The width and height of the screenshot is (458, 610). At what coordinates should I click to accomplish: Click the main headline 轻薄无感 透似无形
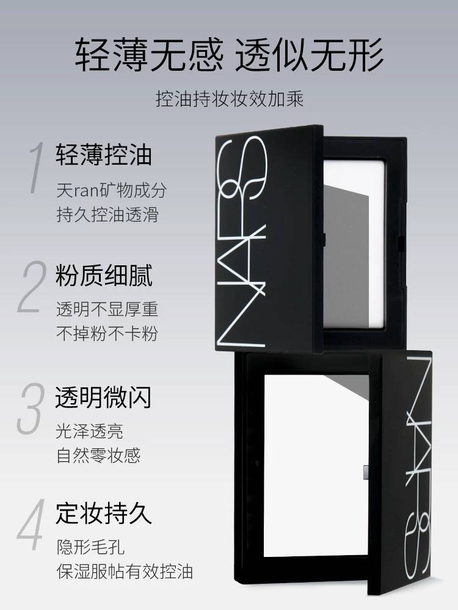[x=229, y=54]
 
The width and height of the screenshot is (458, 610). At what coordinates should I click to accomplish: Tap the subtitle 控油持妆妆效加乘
[x=230, y=99]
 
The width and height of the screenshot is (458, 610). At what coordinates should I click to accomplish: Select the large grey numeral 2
[x=32, y=287]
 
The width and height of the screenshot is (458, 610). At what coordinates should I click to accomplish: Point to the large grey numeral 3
[x=31, y=408]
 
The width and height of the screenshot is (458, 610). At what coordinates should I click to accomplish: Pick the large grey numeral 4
[x=31, y=525]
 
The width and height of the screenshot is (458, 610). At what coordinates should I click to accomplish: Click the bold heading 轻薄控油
[x=104, y=154]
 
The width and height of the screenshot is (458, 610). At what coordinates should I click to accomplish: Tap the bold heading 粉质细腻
[x=104, y=276]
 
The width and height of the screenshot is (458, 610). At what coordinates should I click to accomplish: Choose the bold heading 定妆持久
[x=104, y=513]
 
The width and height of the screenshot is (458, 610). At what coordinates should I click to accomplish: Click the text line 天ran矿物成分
[x=112, y=190]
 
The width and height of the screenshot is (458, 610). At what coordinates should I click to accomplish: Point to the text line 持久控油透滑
[x=107, y=215]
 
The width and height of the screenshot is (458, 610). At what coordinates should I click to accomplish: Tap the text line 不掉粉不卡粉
[x=107, y=334]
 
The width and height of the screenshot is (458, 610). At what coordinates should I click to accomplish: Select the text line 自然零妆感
[x=98, y=455]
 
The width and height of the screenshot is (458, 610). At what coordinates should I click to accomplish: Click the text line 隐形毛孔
[x=90, y=547]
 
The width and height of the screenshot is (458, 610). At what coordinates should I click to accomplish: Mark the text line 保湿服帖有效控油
[x=125, y=572]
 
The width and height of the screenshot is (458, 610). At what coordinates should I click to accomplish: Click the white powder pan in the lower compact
[x=316, y=465]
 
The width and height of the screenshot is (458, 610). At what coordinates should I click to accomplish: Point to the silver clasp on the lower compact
[x=366, y=472]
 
